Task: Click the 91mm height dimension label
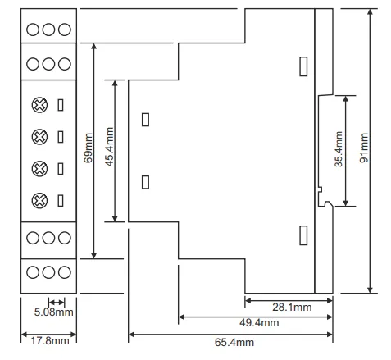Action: coord(364,148)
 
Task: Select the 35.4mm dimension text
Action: coord(339,149)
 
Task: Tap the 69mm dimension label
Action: coord(88,148)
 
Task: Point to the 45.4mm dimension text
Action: coord(109,147)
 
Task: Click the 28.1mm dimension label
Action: coord(292,308)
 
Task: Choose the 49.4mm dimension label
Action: coord(259,323)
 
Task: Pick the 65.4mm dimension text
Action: coord(234,342)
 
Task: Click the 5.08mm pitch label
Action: coord(53,312)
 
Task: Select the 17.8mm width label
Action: coord(49,341)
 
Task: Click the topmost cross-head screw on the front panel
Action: coord(39,105)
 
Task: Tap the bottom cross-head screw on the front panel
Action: coord(39,201)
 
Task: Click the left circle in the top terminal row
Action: coord(33,30)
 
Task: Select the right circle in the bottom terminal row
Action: coord(65,272)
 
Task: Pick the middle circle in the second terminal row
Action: coord(48,64)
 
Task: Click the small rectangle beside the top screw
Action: coord(61,105)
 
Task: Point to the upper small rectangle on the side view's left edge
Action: coord(145,120)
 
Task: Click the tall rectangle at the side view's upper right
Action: coord(303,66)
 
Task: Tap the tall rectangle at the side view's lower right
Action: coord(303,235)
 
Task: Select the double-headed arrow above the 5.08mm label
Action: coord(57,303)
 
